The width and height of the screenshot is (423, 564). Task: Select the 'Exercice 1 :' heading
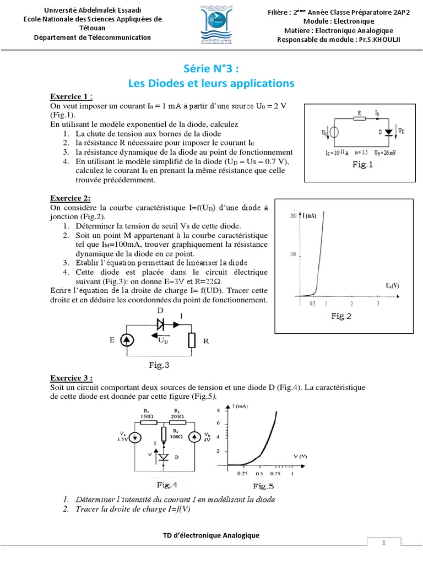(x=71, y=96)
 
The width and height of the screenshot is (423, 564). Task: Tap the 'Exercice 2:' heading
(x=70, y=198)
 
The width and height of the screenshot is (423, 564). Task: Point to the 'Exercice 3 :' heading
(x=72, y=378)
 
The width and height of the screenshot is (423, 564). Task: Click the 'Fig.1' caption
(x=362, y=164)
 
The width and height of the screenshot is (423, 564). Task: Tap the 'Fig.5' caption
(x=263, y=486)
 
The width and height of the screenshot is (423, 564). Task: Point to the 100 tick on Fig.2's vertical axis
(x=293, y=254)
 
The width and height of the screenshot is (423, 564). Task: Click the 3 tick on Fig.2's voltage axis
(x=377, y=303)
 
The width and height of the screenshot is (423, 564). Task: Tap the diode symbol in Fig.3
(x=161, y=324)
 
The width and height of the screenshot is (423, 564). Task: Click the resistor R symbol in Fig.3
(x=192, y=340)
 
